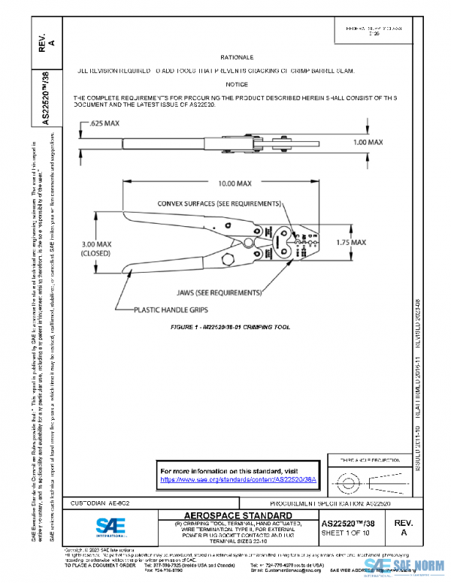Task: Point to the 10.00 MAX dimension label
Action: [x=224, y=183]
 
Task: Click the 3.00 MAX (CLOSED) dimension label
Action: [x=96, y=249]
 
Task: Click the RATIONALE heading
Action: [x=237, y=57]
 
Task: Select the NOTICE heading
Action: [x=237, y=85]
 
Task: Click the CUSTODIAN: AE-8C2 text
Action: [x=98, y=502]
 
